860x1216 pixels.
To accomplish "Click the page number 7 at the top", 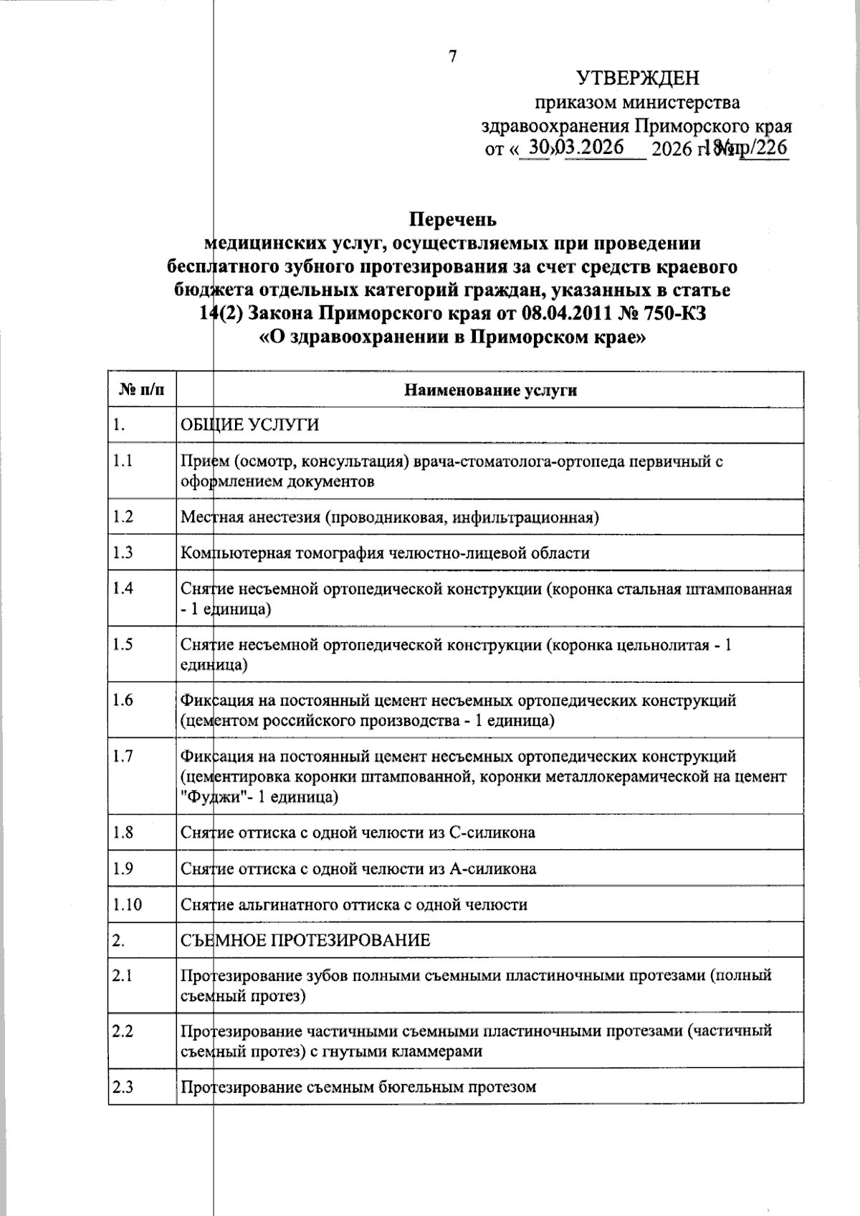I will tap(452, 57).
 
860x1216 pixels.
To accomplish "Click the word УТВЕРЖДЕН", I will tap(638, 77).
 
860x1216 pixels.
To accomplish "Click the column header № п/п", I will tap(141, 390).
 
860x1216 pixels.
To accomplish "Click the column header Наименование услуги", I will tap(490, 390).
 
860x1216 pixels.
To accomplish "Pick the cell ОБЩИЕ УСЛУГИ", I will tap(250, 425).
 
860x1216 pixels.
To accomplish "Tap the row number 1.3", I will tap(123, 552).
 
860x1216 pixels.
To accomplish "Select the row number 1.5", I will tap(123, 644).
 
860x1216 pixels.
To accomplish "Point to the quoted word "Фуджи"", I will tap(210, 797).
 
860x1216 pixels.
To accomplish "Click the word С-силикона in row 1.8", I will tap(492, 833).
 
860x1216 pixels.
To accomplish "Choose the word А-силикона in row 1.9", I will tap(492, 868).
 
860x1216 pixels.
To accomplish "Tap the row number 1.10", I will tap(127, 904).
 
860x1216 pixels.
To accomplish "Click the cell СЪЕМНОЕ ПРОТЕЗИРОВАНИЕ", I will tap(305, 940).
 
